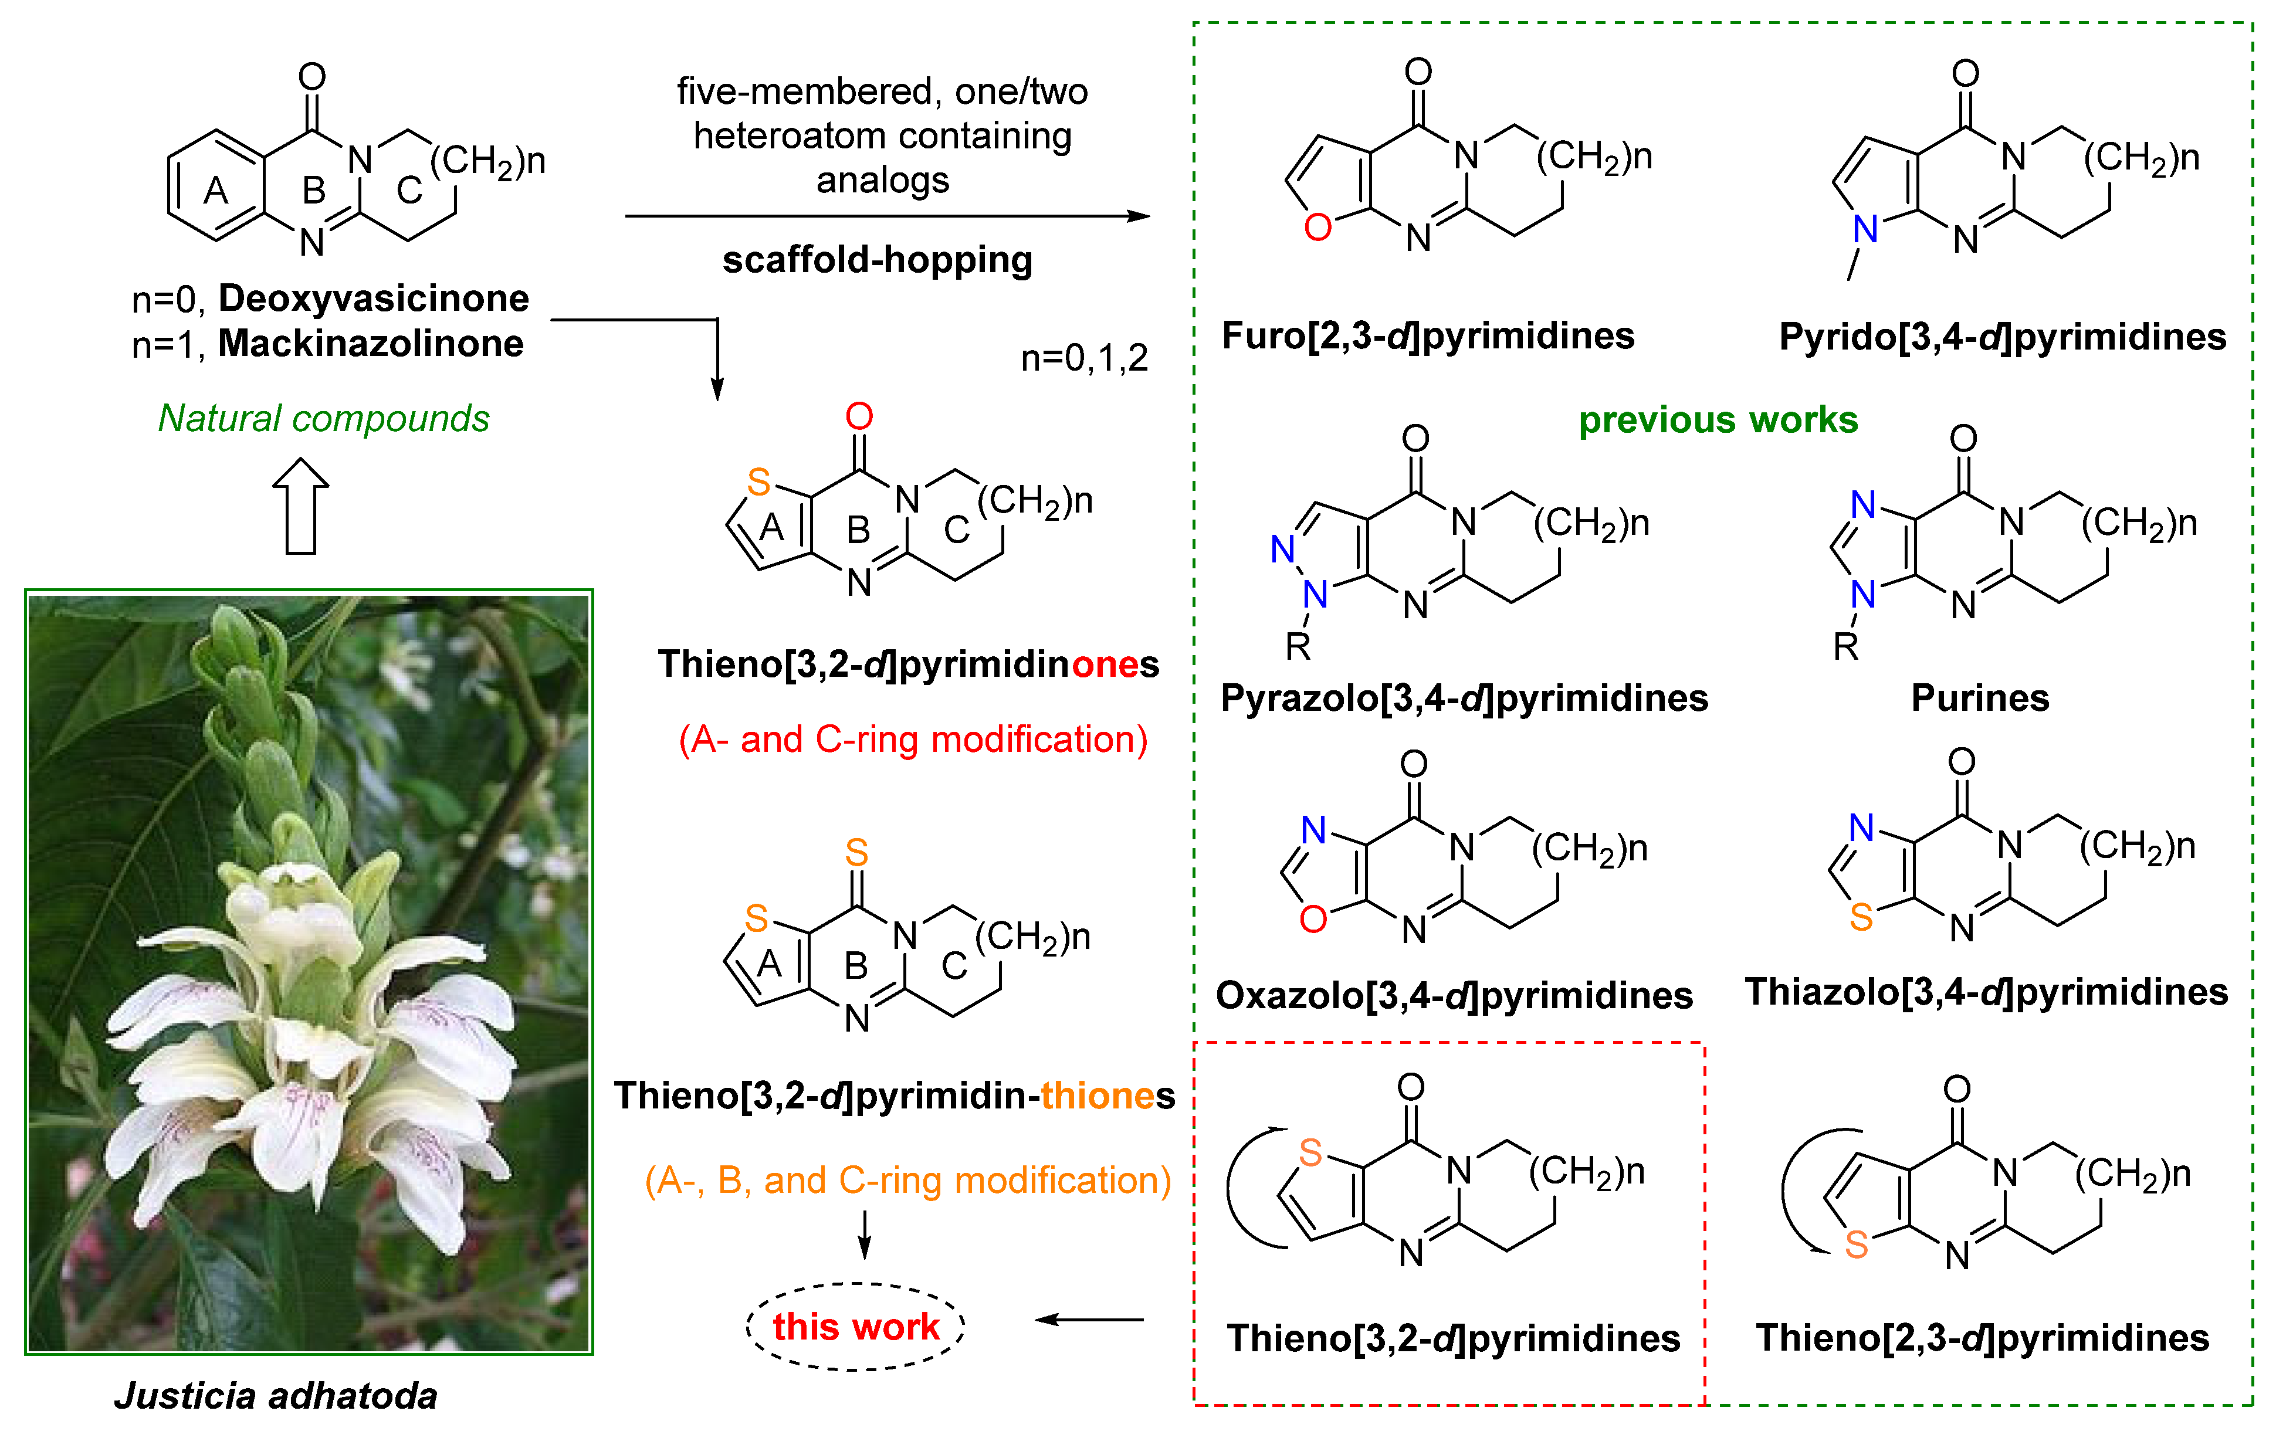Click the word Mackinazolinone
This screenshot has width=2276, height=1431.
pos(371,343)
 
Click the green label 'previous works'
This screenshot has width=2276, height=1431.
pos(1718,420)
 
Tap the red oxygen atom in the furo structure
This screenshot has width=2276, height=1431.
pos(1317,228)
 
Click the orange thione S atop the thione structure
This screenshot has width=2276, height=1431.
pos(856,853)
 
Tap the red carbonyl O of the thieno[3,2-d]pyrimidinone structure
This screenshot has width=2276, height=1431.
pos(859,416)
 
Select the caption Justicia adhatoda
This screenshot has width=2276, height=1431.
pos(276,1395)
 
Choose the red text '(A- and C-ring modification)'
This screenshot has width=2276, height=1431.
pos(913,739)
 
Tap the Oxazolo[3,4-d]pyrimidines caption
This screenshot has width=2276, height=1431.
pos(1454,995)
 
